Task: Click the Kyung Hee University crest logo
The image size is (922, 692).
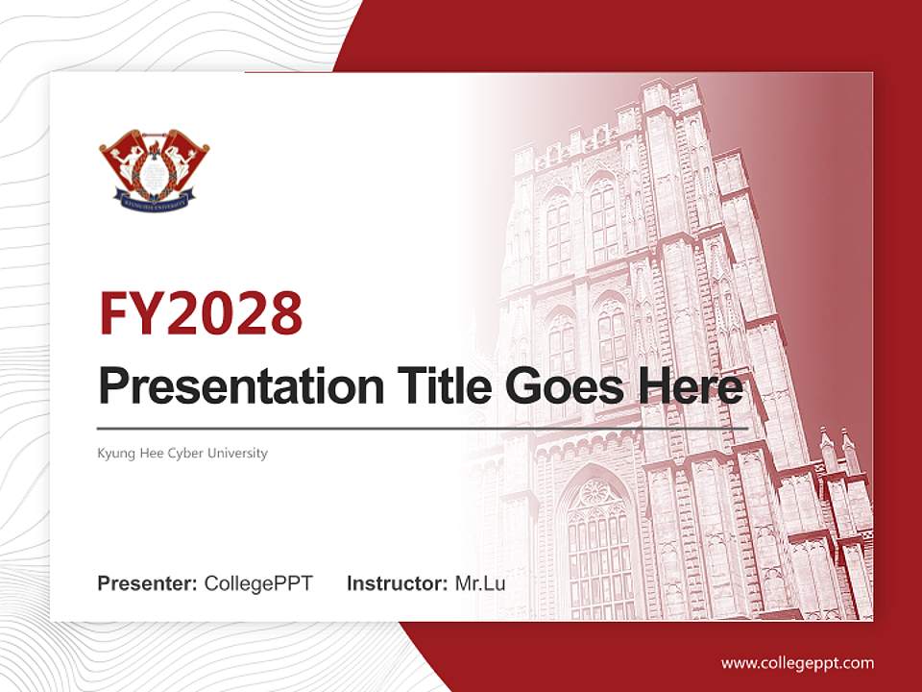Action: pyautogui.click(x=154, y=168)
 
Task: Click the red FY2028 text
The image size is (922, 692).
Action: pyautogui.click(x=201, y=313)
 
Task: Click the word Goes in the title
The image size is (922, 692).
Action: pyautogui.click(x=558, y=386)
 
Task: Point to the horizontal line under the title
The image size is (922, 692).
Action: pyautogui.click(x=423, y=428)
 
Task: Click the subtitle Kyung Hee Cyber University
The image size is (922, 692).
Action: pyautogui.click(x=182, y=453)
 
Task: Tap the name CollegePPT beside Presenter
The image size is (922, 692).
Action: pyautogui.click(x=258, y=583)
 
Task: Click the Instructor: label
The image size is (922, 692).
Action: pyautogui.click(x=397, y=583)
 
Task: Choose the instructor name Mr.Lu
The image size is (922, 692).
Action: pyautogui.click(x=480, y=583)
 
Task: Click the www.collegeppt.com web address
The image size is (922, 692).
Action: pyautogui.click(x=797, y=663)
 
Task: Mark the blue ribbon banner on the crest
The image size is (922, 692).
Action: pyautogui.click(x=154, y=202)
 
